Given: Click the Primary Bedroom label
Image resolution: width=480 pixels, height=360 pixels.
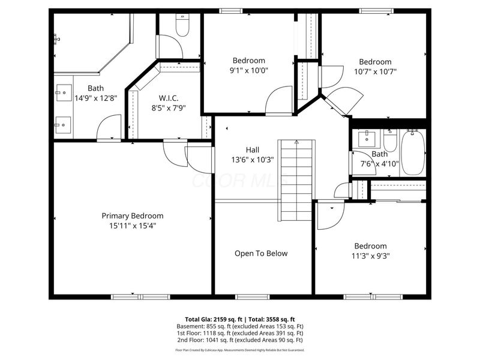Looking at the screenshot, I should coord(132,216).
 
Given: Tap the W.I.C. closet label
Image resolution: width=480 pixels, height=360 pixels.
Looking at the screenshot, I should coord(169,98).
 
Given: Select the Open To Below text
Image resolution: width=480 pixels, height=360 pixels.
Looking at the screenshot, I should coord(260,253).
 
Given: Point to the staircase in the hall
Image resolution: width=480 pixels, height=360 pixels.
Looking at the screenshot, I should coord(296,180).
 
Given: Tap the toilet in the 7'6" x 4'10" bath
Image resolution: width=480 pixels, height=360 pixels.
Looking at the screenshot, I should coord(390,142).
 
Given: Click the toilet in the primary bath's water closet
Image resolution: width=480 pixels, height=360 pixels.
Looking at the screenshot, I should coord(181,25).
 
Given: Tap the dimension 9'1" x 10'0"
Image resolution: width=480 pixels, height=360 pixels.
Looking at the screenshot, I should coord(249,70).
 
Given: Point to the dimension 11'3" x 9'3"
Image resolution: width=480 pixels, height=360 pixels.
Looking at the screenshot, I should coord(370,256).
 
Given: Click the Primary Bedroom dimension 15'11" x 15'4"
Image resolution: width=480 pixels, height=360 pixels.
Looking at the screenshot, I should coord(132,226).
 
